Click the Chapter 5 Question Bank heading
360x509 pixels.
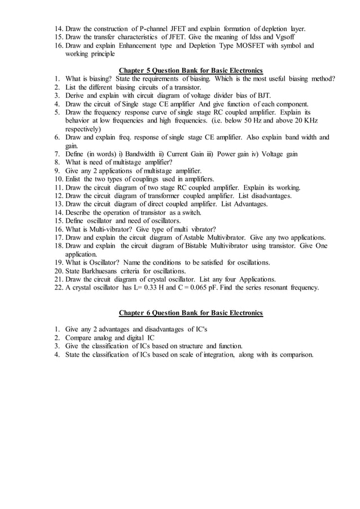(191, 70)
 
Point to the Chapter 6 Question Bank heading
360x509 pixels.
(191, 313)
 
